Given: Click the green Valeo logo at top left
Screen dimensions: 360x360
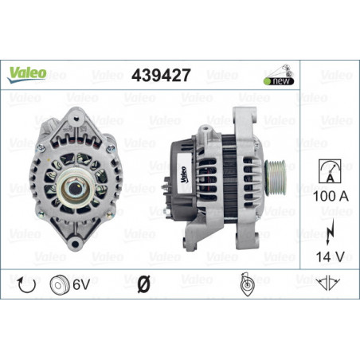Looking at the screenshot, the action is coord(27,75).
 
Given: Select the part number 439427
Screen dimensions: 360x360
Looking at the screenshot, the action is coord(161,75).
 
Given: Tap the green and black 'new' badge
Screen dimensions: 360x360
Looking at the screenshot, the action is coord(279,81).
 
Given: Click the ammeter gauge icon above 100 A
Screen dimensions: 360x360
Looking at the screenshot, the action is coord(330,171).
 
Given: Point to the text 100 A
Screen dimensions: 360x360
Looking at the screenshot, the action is coord(331,196).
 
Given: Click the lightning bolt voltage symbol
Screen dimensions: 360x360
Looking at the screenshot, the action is coord(330,232).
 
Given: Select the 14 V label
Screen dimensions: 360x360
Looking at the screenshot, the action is coord(331,256).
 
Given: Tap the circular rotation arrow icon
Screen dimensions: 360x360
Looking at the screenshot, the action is coord(26,284).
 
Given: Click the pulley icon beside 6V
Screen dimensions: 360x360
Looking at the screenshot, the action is coord(60,284).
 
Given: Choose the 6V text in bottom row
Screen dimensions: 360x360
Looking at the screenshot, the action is coord(81,284).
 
